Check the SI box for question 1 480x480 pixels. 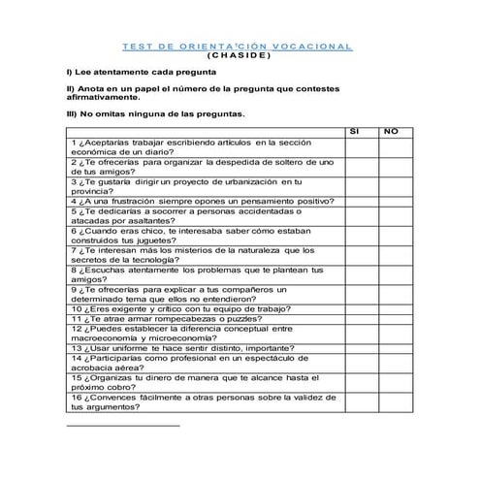click(355, 146)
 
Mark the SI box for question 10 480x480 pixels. click(355, 308)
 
